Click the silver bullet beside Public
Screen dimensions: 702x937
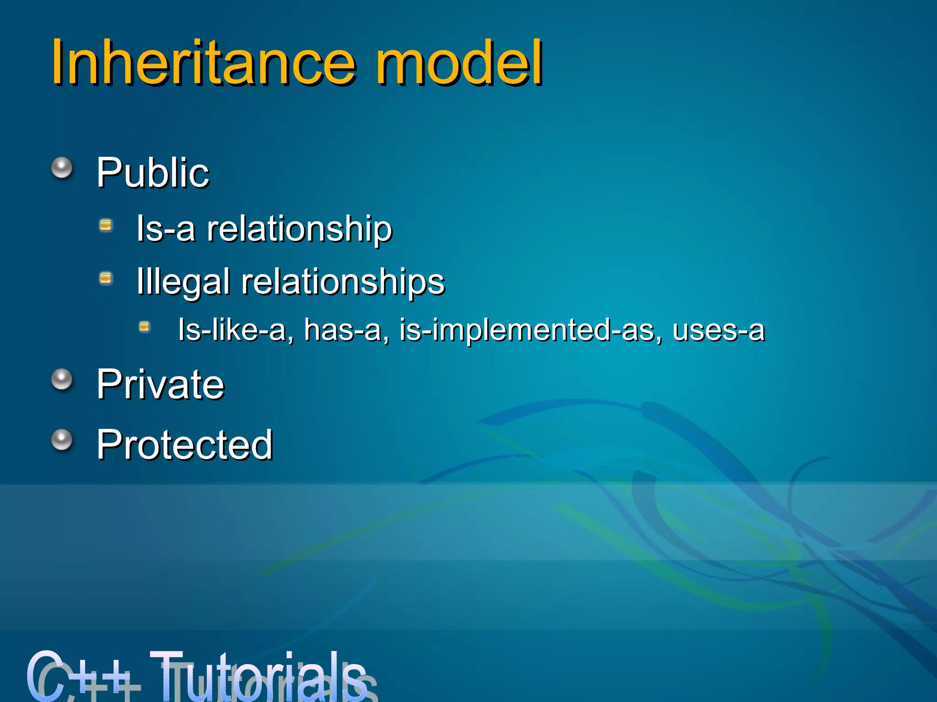click(62, 168)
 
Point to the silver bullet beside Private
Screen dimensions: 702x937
click(62, 379)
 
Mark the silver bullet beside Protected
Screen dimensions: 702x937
click(62, 440)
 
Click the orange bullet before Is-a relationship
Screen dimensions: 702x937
click(106, 225)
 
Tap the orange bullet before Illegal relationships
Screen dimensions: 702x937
click(106, 278)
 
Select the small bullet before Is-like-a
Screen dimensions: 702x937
click(145, 326)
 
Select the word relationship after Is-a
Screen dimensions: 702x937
click(299, 229)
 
